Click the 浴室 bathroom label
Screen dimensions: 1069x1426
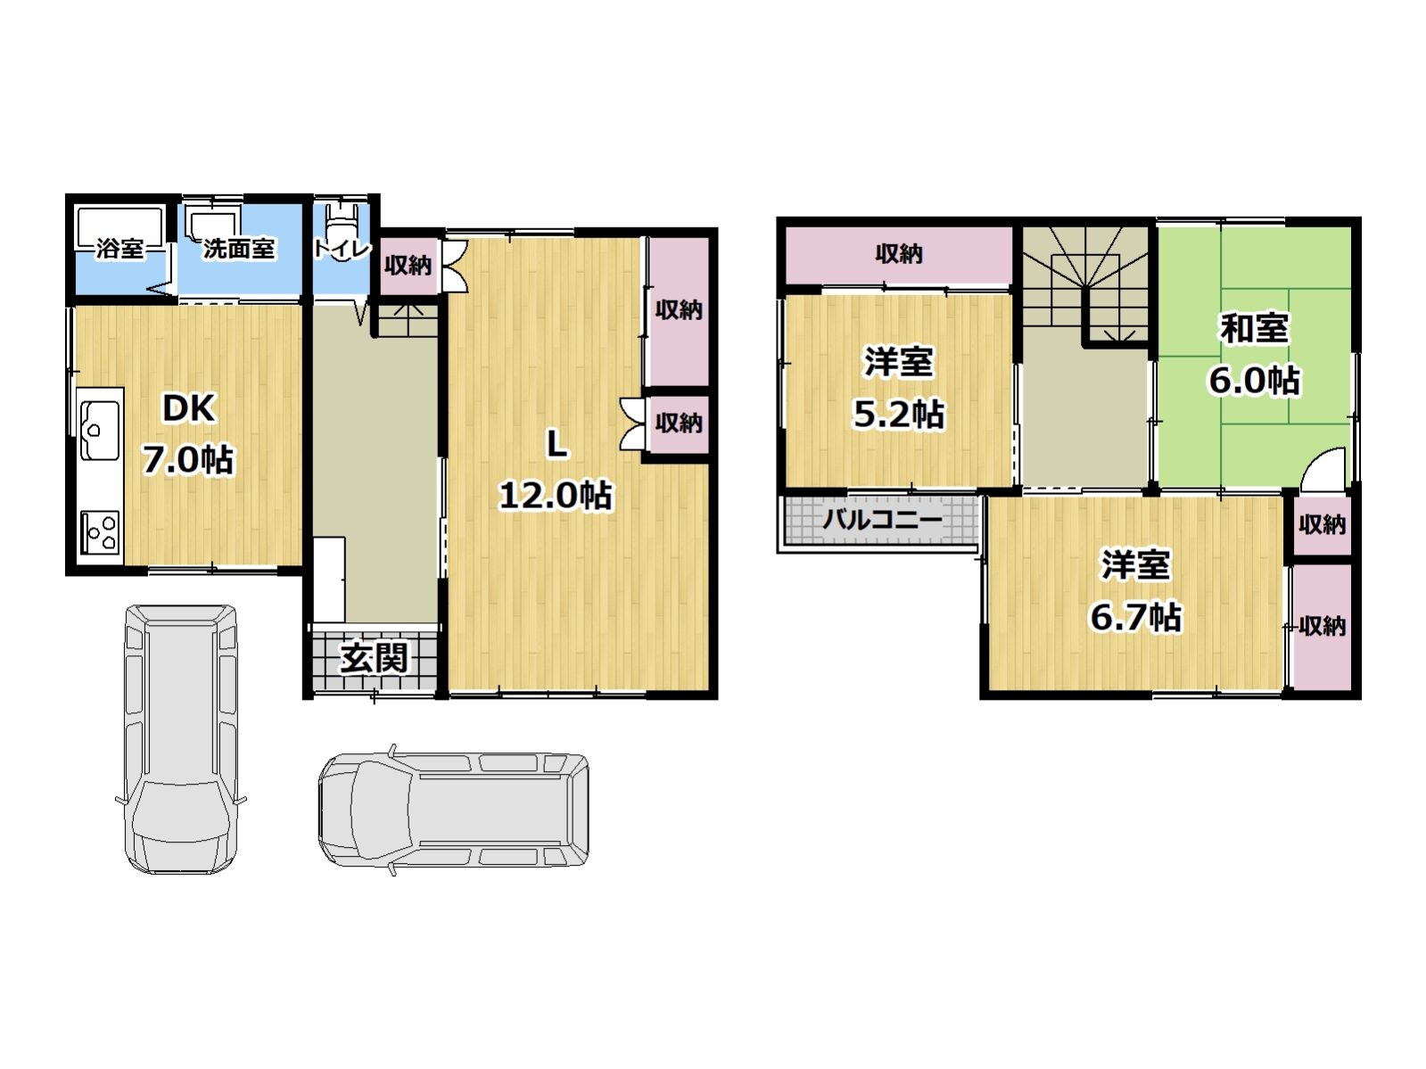(x=120, y=248)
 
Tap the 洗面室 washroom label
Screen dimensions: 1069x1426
(x=238, y=248)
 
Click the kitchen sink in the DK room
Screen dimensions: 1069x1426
(x=99, y=431)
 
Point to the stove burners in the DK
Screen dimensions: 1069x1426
(x=100, y=531)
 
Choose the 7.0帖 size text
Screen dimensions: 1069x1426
(x=188, y=460)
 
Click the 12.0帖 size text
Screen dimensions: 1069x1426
(x=555, y=495)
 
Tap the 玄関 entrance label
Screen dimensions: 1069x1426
(x=374, y=658)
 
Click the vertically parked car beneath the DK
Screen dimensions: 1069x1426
(x=181, y=738)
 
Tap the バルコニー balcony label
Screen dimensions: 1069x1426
(x=881, y=519)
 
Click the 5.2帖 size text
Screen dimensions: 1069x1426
(x=898, y=414)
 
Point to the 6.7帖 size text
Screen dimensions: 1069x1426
(x=1135, y=616)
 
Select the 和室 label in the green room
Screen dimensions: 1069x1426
(x=1254, y=328)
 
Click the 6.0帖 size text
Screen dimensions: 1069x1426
(x=1254, y=381)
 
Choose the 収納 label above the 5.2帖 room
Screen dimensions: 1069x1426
(x=898, y=254)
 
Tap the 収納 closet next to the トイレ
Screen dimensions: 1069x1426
(x=408, y=265)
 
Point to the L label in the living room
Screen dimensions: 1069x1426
(x=556, y=443)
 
